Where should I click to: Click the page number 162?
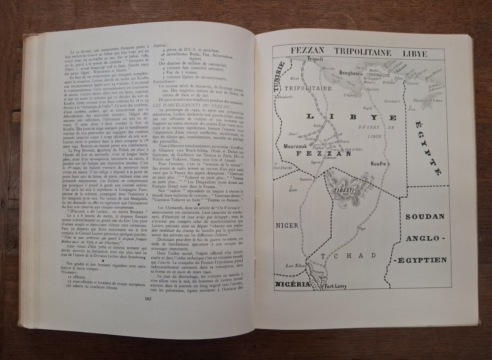coord(148,298)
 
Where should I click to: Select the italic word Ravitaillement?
coord(167,82)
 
